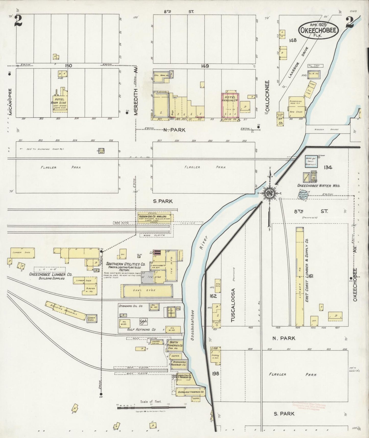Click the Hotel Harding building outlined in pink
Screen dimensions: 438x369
coord(230,106)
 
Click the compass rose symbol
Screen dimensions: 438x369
coord(269,193)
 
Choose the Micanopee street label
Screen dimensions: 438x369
coord(10,102)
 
